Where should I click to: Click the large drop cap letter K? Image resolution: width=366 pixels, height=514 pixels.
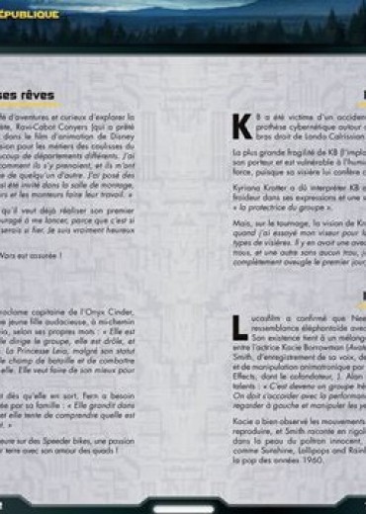[x=240, y=127]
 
